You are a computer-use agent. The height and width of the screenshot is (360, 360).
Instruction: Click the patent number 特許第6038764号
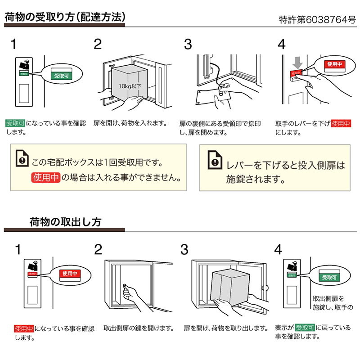click(317, 20)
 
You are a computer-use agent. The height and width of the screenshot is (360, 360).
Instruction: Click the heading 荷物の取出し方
click(65, 222)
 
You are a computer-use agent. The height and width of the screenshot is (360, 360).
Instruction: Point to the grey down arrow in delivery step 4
click(296, 61)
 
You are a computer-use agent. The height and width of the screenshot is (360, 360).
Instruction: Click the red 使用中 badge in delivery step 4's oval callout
click(334, 64)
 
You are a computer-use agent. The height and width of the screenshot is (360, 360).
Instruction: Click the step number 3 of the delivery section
click(188, 45)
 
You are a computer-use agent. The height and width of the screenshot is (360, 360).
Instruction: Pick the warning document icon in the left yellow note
click(21, 157)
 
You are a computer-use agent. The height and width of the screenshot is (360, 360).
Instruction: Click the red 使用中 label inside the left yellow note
click(45, 177)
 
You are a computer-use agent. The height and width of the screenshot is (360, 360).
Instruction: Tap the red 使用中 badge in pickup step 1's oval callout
click(70, 273)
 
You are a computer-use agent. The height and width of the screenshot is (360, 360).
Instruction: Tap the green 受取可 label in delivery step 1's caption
click(15, 123)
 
